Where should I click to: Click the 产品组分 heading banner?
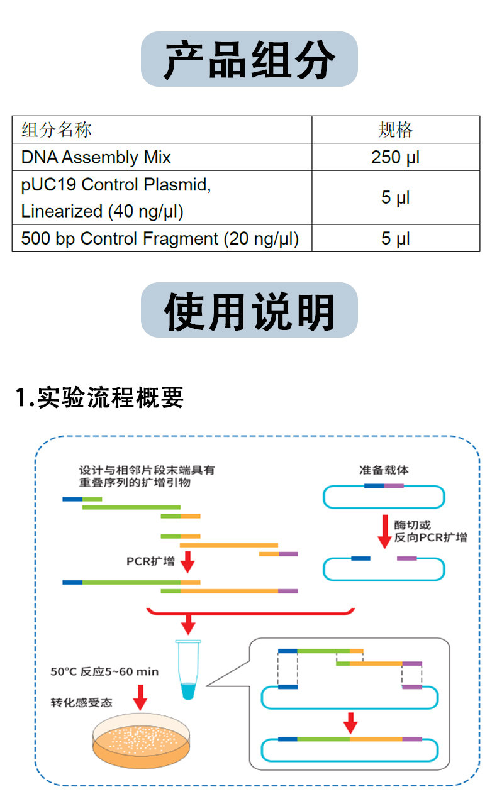249,59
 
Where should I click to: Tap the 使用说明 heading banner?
249,310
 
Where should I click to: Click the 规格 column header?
396,129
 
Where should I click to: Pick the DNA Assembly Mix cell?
162,157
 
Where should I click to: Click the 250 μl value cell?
396,157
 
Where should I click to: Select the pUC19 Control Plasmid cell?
162,197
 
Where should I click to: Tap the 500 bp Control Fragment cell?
162,238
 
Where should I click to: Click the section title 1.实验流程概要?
99,397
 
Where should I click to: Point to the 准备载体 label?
384,470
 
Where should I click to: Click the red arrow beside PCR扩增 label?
187,562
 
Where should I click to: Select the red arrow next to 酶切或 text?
384,531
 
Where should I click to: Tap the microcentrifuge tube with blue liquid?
188,670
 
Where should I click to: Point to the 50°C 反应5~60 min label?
104,671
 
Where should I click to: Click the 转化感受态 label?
81,702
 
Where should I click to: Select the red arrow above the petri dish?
140,698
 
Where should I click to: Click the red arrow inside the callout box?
350,723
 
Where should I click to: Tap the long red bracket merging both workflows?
250,613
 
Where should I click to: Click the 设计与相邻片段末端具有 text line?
147,470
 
